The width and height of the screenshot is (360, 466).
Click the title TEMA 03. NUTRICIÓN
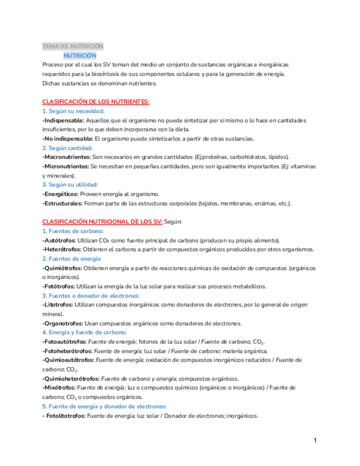coord(73,46)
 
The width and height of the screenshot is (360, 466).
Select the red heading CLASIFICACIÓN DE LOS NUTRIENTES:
coord(96,102)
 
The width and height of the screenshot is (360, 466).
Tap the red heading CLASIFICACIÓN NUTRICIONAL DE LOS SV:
coord(102,221)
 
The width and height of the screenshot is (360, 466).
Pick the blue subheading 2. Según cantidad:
coord(68,148)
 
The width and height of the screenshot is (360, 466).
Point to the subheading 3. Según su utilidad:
coord(70,185)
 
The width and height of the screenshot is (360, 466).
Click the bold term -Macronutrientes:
coord(66,157)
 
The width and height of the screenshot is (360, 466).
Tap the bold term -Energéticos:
coord(60,194)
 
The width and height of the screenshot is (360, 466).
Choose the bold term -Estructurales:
coord(63,203)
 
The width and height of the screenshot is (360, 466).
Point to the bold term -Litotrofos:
coord(58,304)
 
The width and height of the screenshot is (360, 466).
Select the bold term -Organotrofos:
coord(62,323)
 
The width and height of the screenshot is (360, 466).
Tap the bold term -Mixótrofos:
coord(59,387)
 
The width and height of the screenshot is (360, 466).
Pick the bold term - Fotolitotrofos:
coord(64,415)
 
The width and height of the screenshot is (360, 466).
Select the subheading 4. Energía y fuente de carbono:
coord(85,332)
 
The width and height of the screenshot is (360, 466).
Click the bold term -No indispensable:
coord(68,138)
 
